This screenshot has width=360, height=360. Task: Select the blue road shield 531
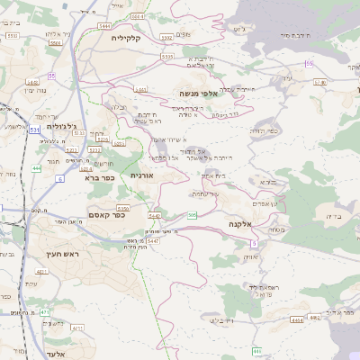34,130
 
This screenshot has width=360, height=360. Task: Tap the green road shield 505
192,214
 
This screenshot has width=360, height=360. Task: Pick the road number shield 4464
297,319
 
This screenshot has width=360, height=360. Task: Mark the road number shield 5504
56,42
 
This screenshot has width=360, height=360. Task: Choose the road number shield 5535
166,57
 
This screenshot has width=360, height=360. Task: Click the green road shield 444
36,168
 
